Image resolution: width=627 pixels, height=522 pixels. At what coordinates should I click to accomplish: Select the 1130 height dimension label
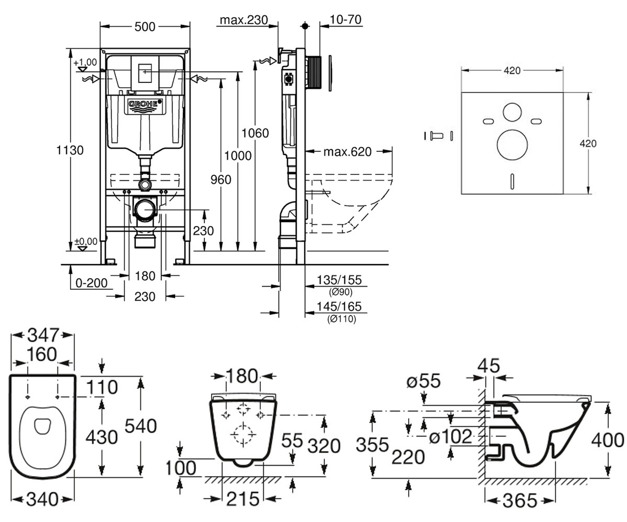pos(70,150)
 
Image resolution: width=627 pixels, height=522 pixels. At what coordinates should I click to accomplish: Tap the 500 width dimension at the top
pos(145,27)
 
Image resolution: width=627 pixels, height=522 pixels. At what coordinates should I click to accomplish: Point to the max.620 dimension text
pos(347,152)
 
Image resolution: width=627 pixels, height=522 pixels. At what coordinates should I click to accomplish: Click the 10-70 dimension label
pos(345,19)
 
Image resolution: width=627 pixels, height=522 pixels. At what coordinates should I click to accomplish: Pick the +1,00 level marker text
pos(85,62)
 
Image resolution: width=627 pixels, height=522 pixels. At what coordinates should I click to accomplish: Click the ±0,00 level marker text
pos(86,241)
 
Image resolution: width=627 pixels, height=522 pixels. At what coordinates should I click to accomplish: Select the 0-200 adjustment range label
pos(91,283)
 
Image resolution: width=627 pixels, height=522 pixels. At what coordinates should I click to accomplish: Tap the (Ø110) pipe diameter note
pos(341,319)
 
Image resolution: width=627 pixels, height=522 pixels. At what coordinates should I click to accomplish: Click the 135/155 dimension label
pos(339,280)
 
